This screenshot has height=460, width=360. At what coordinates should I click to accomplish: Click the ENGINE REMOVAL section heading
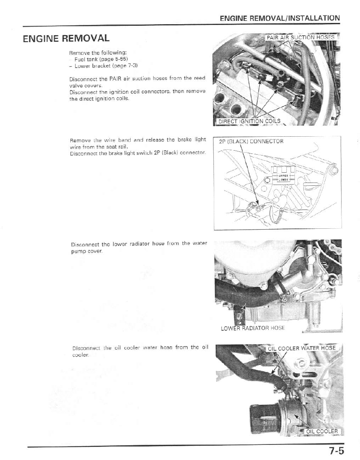pyautogui.click(x=66, y=39)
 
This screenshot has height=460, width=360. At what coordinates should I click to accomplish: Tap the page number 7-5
pyautogui.click(x=336, y=451)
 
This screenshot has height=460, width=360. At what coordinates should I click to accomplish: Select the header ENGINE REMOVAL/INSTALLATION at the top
pyautogui.click(x=279, y=18)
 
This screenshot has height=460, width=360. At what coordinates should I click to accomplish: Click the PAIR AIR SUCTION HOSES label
pyautogui.click(x=300, y=37)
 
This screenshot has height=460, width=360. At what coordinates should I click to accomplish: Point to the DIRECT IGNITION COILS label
pyautogui.click(x=249, y=121)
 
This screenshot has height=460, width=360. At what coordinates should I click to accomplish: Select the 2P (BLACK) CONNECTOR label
pyautogui.click(x=251, y=142)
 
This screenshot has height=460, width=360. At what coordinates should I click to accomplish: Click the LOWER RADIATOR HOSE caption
pyautogui.click(x=253, y=328)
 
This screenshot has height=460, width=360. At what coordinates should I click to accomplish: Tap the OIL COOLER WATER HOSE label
pyautogui.click(x=302, y=348)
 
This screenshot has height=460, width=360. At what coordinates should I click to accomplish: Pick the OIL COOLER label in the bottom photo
pyautogui.click(x=322, y=431)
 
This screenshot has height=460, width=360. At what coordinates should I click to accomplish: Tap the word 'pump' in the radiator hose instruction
pyautogui.click(x=78, y=251)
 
